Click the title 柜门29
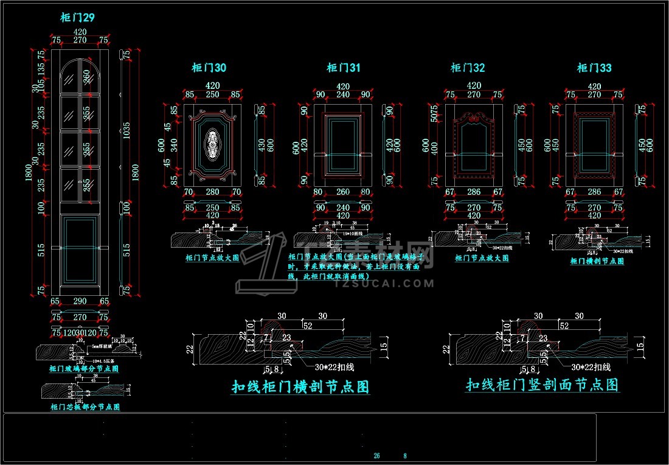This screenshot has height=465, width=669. click(77, 18)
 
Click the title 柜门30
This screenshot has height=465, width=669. click(209, 68)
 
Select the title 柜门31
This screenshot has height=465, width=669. click(343, 68)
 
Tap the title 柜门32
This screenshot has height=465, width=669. click(468, 68)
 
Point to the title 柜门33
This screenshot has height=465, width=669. click(594, 68)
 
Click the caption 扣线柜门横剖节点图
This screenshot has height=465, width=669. click(300, 387)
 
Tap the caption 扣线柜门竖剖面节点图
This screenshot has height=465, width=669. click(542, 385)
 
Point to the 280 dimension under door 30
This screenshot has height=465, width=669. click(213, 192)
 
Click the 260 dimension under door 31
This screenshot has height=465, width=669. click(343, 192)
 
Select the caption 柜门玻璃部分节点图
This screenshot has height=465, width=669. click(84, 369)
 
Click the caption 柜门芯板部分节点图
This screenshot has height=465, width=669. click(85, 407)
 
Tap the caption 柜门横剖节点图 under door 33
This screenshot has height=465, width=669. click(597, 261)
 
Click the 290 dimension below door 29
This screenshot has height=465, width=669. click(80, 301)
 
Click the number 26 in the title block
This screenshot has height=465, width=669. click(376, 456)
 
